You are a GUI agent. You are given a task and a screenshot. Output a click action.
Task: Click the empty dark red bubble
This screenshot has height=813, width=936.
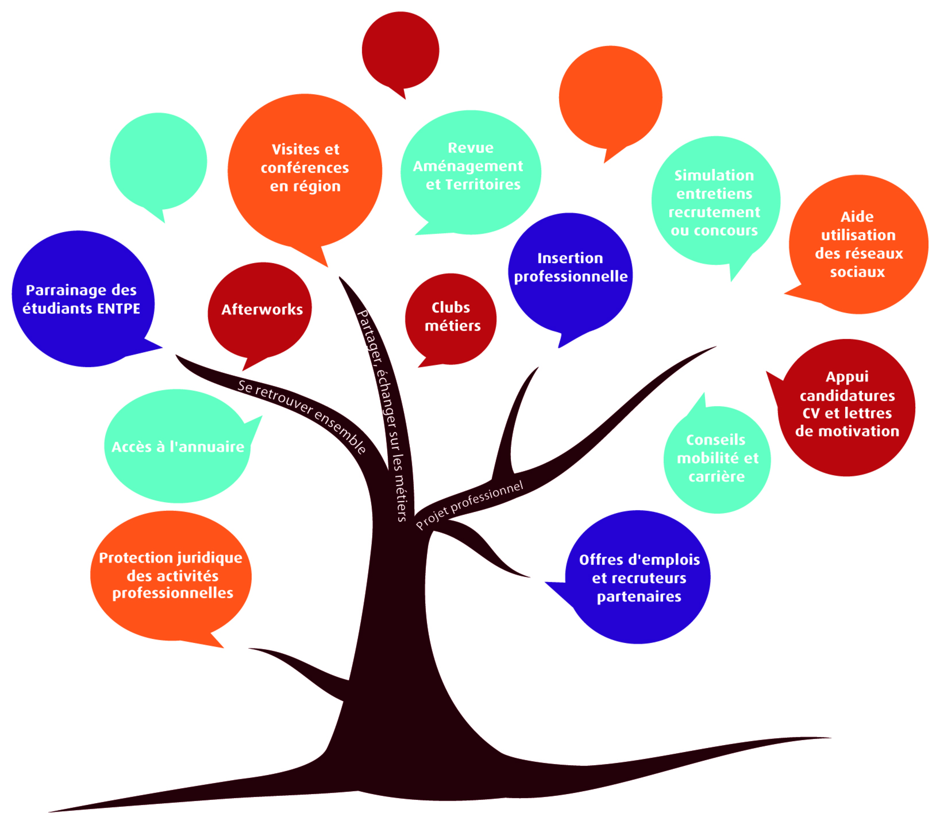point(400,50)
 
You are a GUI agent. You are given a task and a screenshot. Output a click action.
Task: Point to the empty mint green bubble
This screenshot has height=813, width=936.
point(158,161)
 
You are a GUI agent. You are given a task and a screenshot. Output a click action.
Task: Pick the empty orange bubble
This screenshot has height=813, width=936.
point(610,97)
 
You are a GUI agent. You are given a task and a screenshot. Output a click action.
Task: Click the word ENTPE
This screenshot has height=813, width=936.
point(118,309)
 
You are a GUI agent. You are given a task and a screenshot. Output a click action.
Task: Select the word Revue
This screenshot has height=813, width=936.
point(470,148)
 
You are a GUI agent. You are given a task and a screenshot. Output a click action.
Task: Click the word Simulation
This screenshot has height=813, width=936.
point(714,176)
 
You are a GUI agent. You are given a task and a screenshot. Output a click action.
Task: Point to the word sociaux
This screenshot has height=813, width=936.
point(857,272)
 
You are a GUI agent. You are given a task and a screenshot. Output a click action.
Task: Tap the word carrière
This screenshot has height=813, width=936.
point(717,477)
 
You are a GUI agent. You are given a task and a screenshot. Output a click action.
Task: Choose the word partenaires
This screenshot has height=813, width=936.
point(639,596)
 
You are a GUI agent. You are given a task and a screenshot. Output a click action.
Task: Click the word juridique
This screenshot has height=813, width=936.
point(209,558)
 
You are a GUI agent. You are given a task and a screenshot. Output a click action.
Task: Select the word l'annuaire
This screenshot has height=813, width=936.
point(206,447)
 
